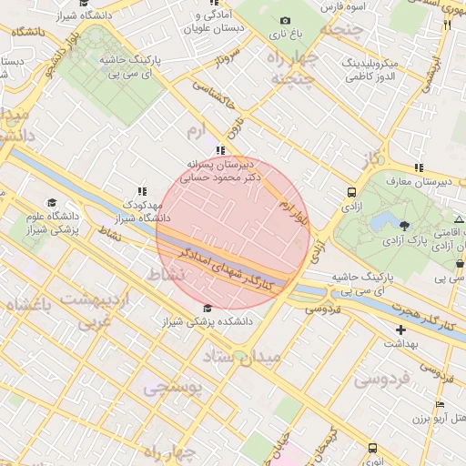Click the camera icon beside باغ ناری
pos(285,21)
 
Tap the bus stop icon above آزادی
pos(351,192)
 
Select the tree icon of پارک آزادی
pos(404,225)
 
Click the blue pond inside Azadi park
pos(379,223)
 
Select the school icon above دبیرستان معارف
pos(418,167)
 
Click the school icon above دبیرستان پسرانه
pos(219,150)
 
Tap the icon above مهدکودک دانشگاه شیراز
pos(142,191)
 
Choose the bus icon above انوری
pos(372,448)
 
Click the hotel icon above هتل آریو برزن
pos(441,404)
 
